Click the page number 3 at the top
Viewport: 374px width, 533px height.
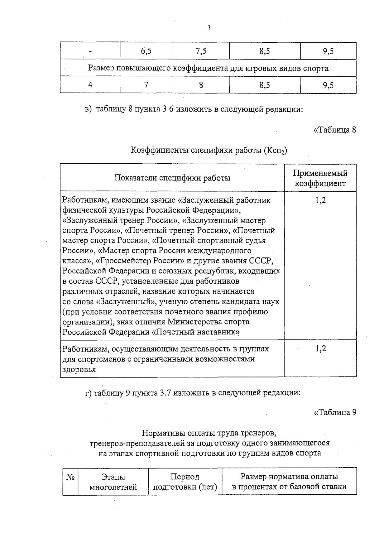[209, 28]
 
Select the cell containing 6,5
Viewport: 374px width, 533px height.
[146, 51]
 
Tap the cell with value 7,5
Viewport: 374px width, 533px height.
[201, 51]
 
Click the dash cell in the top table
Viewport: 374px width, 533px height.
[90, 52]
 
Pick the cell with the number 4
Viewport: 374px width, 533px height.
[90, 85]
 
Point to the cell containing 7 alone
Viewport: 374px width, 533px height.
[146, 85]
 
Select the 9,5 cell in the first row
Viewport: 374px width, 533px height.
[328, 51]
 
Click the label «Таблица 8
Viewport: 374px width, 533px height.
[334, 130]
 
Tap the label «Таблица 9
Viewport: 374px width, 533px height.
[334, 412]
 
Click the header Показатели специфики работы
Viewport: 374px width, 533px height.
[172, 178]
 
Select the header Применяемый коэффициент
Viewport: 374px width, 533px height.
[320, 178]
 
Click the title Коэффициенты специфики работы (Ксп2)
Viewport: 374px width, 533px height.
[209, 151]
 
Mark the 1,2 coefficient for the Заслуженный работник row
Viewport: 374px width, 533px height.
[320, 200]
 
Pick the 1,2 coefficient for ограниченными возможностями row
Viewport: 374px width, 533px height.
[320, 349]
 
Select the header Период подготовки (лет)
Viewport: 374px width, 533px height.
[185, 482]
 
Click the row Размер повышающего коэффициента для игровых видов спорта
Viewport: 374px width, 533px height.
[208, 68]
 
